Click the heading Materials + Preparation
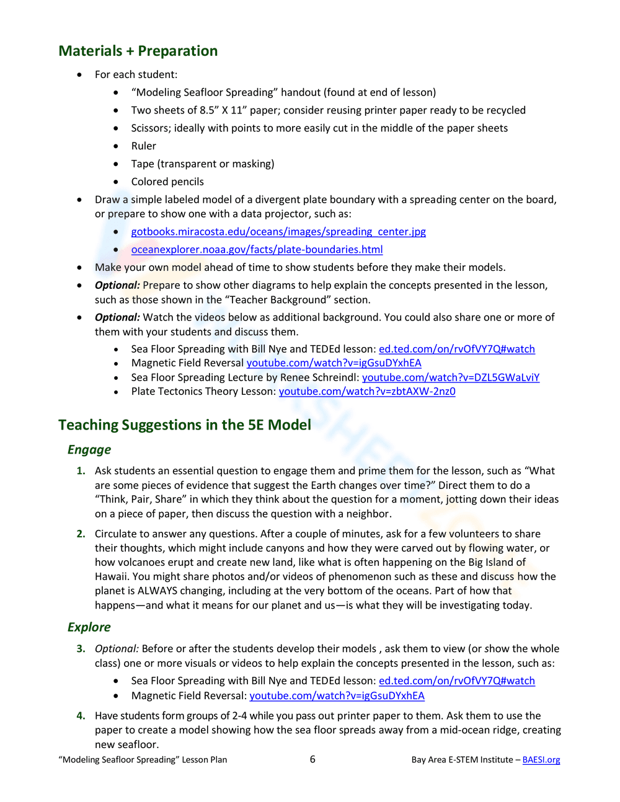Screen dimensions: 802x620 (138, 51)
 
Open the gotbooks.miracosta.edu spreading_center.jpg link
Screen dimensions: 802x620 (278, 232)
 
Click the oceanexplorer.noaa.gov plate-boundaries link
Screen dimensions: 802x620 (257, 250)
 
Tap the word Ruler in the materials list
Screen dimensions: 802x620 (143, 146)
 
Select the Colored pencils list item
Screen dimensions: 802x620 (167, 182)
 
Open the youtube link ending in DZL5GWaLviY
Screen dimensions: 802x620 (451, 377)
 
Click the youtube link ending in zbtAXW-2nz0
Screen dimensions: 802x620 (367, 392)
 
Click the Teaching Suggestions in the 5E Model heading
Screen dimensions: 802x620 (185, 425)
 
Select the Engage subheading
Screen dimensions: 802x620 (89, 450)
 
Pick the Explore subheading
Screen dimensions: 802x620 (89, 627)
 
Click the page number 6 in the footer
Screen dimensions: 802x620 (312, 759)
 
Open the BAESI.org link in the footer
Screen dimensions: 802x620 (541, 760)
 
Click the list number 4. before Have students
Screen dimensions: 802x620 (81, 716)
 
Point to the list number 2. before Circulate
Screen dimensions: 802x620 (81, 534)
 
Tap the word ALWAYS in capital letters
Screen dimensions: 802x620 (157, 591)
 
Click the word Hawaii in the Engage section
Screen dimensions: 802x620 (111, 577)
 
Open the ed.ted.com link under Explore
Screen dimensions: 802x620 (456, 681)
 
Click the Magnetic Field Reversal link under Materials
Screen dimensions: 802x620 (334, 363)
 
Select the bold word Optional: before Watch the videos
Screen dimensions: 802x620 (117, 317)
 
